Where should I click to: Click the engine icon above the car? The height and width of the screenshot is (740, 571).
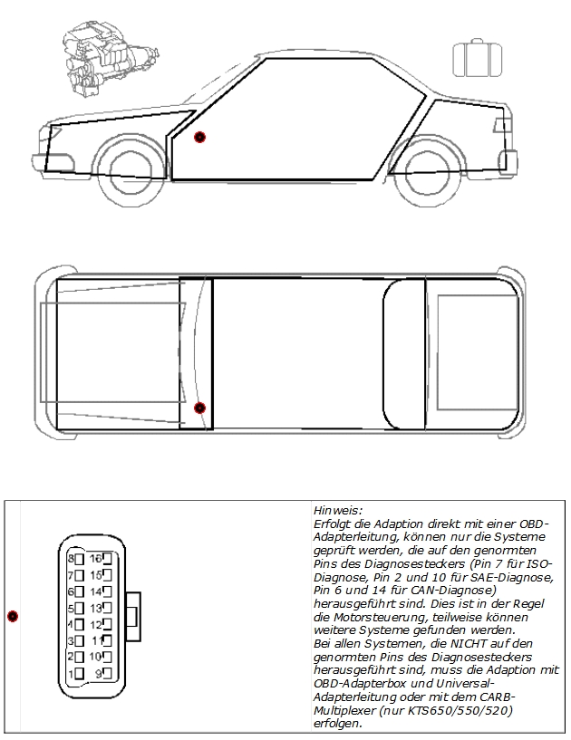tap(110, 59)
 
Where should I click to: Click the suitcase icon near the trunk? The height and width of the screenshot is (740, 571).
tap(477, 59)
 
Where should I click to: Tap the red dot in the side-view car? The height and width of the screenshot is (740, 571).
tap(199, 138)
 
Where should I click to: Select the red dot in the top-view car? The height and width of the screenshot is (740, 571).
tap(199, 408)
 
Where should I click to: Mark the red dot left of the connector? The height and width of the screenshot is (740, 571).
tap(13, 616)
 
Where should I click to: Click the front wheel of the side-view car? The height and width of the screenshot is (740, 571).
tap(131, 171)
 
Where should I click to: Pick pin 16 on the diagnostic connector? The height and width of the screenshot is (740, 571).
tap(107, 559)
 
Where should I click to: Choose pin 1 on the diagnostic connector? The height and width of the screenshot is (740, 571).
tap(80, 674)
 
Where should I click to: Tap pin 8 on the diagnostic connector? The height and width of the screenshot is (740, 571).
tap(80, 559)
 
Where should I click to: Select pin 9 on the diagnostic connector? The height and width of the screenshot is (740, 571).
tap(107, 674)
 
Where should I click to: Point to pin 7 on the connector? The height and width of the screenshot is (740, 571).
tap(80, 576)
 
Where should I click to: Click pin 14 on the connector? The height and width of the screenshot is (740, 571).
tap(107, 591)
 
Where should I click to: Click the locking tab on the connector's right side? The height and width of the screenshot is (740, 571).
tap(133, 616)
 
